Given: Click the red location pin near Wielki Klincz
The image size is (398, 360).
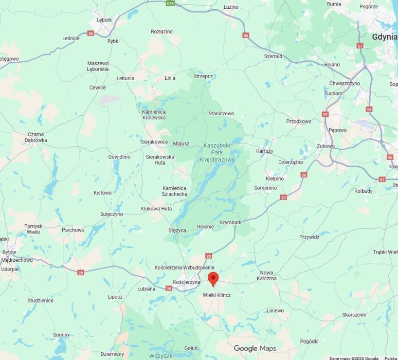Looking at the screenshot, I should [x=213, y=279].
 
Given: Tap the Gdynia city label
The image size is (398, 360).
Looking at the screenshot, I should [x=385, y=37].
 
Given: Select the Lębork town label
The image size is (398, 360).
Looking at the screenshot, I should [x=104, y=20].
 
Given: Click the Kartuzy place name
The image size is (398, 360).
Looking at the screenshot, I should [x=264, y=151].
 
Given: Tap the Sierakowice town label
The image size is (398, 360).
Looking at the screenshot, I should [x=154, y=141].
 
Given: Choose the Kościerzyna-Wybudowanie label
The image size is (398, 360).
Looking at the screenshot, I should [x=185, y=267].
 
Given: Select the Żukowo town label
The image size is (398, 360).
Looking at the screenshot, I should [x=325, y=146].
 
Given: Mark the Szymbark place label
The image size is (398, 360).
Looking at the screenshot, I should [x=230, y=222].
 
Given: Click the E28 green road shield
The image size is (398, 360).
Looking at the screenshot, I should [x=171, y=3].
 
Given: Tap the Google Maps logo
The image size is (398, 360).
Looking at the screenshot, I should [x=255, y=348].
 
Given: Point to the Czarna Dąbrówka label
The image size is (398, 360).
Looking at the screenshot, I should [x=36, y=137].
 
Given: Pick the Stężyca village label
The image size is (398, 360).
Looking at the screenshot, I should [x=177, y=230].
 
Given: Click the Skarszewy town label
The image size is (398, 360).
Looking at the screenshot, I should [x=354, y=315].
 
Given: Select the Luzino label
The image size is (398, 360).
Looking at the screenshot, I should [x=231, y=7].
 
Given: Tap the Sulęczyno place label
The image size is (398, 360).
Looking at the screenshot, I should [x=112, y=213].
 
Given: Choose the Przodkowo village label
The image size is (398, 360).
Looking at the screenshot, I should [x=299, y=121].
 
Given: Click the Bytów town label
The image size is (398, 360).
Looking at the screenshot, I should [x=9, y=252].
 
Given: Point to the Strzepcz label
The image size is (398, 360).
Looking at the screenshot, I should [x=203, y=76].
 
